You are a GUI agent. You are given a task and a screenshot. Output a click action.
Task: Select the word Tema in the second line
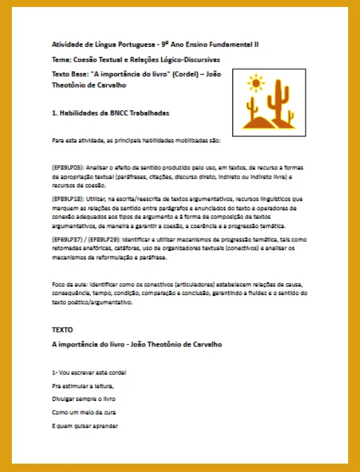click(61, 59)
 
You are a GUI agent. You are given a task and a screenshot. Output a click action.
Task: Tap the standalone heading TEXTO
click(62, 328)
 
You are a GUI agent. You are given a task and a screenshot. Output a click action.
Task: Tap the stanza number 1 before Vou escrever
click(54, 372)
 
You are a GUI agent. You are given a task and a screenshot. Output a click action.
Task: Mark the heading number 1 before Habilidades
click(54, 112)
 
